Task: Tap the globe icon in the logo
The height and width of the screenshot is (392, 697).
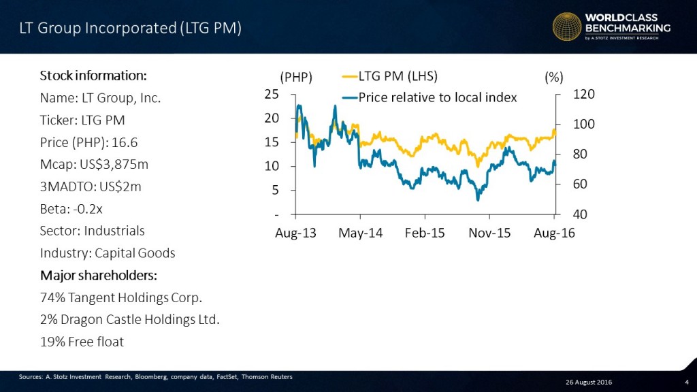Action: click(567, 27)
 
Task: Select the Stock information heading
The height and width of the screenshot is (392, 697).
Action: click(93, 75)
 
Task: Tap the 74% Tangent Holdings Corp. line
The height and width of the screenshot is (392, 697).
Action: click(121, 297)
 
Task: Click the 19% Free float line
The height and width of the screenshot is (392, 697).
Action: click(82, 342)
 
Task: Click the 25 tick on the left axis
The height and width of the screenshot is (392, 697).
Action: click(271, 95)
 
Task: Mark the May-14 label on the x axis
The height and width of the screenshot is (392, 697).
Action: click(360, 233)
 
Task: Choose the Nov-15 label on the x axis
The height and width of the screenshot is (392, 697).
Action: click(490, 233)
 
